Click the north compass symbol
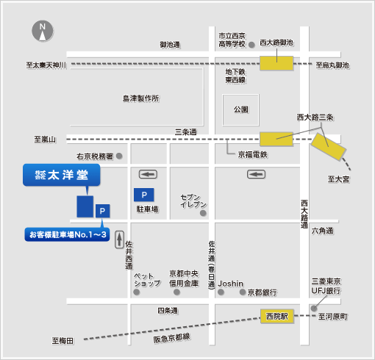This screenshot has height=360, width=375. click(x=43, y=31)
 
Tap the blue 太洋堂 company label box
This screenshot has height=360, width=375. click(x=62, y=175)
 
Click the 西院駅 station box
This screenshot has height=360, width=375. click(x=277, y=316)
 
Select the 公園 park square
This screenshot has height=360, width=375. click(x=240, y=110)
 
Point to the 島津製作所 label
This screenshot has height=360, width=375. click(x=141, y=98)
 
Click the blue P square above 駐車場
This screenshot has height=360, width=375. click(x=144, y=195)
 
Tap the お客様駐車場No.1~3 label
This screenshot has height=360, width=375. click(x=67, y=234)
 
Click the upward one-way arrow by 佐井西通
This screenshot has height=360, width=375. click(x=119, y=240)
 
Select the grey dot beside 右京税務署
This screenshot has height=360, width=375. click(x=119, y=156)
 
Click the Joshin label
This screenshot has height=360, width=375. click(x=231, y=284)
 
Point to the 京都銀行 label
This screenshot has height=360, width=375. click(x=262, y=292)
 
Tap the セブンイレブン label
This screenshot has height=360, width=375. click(x=193, y=201)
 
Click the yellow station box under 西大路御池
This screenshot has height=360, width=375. click(x=276, y=63)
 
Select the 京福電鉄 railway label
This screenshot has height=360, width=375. click(x=253, y=154)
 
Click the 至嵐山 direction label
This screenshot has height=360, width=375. click(x=45, y=140)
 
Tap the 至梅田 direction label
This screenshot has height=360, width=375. click(x=63, y=341)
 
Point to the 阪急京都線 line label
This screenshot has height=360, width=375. click(x=172, y=338)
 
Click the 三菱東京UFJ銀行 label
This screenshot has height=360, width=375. click(x=326, y=286)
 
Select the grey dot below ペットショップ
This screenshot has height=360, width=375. click(x=137, y=292)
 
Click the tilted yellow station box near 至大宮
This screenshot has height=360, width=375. click(x=329, y=147)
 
